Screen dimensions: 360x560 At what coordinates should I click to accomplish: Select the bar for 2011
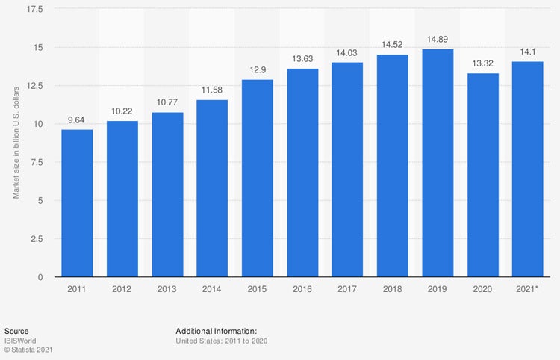click(77, 203)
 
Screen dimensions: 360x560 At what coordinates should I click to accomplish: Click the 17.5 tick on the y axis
click(35, 9)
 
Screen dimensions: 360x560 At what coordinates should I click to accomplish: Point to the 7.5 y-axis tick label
click(38, 162)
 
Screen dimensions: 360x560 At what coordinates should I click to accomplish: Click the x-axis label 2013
click(167, 288)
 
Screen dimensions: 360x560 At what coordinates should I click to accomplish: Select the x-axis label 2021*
click(528, 288)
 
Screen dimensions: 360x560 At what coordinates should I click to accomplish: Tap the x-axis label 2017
click(347, 288)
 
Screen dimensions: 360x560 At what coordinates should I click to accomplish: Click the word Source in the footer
click(16, 330)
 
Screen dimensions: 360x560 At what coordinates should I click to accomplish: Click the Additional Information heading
click(216, 330)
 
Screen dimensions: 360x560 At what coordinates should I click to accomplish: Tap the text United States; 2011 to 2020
click(221, 341)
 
